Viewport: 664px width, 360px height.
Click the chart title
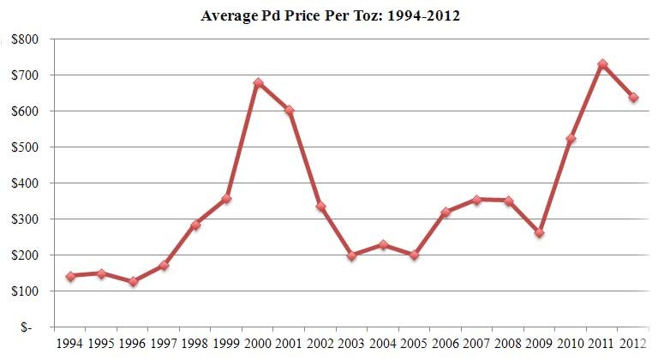[331, 16]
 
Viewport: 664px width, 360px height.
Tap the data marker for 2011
[602, 64]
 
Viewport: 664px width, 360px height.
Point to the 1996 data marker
[133, 281]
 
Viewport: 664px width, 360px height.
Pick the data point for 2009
[539, 232]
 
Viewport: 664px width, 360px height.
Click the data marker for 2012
[633, 98]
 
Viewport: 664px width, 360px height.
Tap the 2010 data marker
[571, 139]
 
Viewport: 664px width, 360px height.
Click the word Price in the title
[290, 16]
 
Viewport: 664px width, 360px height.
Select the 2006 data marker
[446, 212]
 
